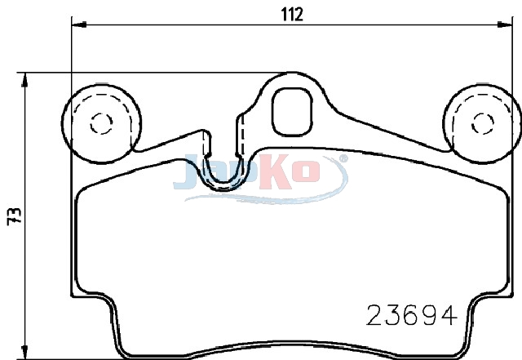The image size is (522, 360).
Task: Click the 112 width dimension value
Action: [x=292, y=15]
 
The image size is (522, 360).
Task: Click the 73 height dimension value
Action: [x=15, y=216]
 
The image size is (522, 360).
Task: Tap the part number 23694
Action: [x=411, y=315]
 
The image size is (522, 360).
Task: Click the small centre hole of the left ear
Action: [x=101, y=123]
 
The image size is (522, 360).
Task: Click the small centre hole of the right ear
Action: [x=482, y=123]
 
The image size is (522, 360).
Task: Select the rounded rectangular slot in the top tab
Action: [x=292, y=112]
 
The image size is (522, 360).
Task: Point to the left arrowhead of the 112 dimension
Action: [x=79, y=24]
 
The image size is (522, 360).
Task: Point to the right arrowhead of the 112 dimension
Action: [x=505, y=24]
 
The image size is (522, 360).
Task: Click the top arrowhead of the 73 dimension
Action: [x=24, y=80]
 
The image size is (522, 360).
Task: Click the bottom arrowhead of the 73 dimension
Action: [x=24, y=353]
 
